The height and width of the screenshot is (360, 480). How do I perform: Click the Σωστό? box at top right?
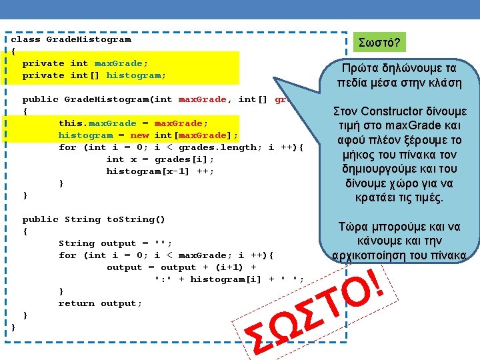pos(380,43)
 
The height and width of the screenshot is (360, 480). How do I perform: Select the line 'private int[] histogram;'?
pos(94,75)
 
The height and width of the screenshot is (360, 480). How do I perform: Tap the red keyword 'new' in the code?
pos(139,135)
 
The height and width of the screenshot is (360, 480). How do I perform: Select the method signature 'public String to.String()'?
pos(94,219)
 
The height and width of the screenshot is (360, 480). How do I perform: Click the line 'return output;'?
pos(100,303)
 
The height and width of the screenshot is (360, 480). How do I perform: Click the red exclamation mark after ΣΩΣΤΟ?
pos(377,281)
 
